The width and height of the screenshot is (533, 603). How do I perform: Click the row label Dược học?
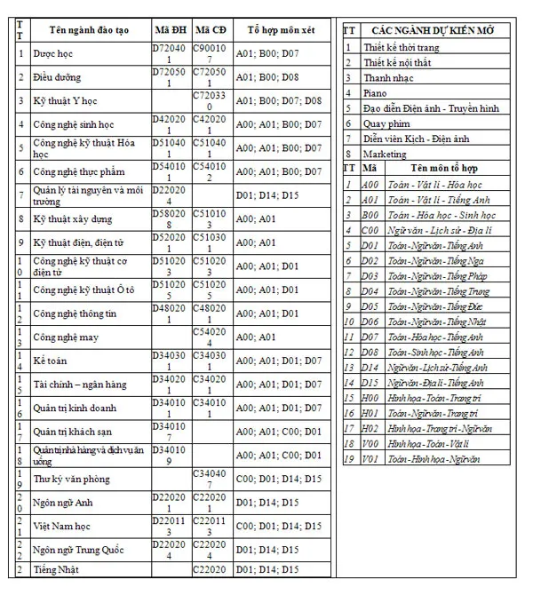click(x=52, y=54)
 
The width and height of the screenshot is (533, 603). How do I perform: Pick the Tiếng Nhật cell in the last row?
click(x=57, y=569)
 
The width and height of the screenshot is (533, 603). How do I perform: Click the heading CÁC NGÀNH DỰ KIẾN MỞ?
click(x=434, y=30)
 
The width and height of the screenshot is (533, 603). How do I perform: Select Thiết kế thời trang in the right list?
click(x=406, y=47)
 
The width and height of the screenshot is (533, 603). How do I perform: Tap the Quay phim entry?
click(x=386, y=123)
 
